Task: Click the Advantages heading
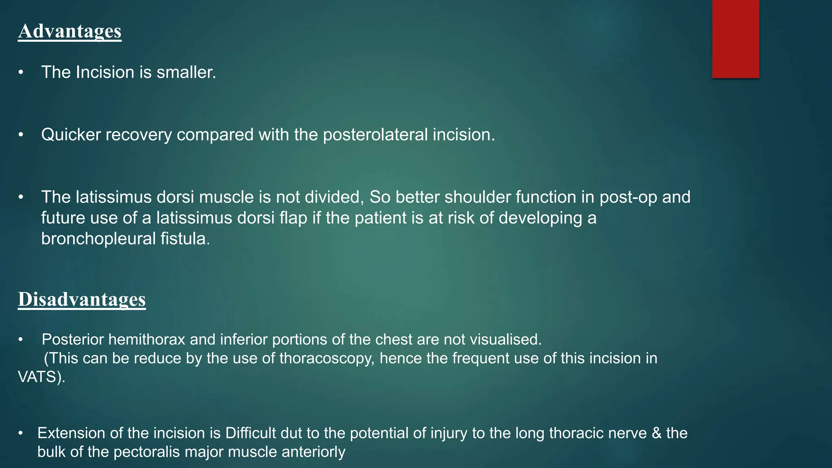click(x=69, y=31)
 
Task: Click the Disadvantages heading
click(x=82, y=299)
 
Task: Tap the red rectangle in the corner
click(x=735, y=39)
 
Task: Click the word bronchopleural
click(x=98, y=239)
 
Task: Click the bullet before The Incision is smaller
click(x=21, y=73)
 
